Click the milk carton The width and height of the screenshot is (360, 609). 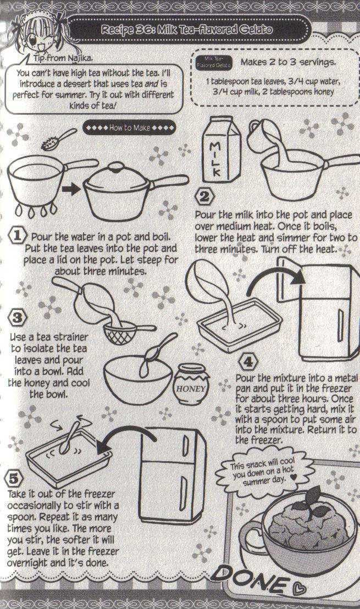tap(221, 149)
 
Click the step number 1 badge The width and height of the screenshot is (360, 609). tap(18, 236)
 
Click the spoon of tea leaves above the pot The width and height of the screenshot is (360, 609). tap(58, 139)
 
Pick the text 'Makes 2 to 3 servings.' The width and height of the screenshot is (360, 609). tap(289, 62)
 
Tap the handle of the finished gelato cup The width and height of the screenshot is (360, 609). tap(251, 535)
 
